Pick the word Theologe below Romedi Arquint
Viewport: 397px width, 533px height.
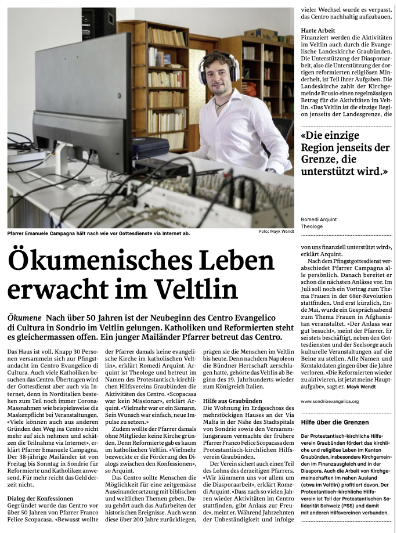(312, 226)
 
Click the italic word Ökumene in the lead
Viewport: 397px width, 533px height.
(25, 319)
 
